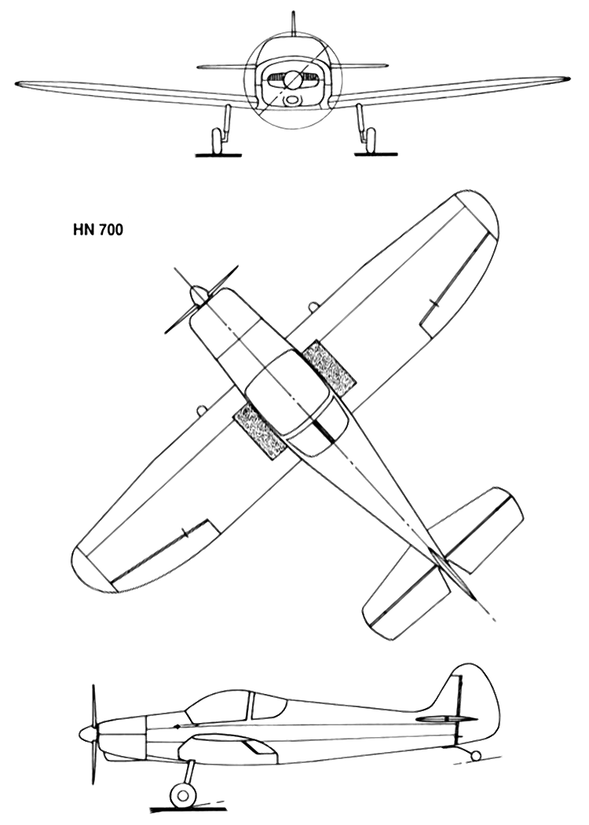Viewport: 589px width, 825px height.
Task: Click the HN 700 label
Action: coord(97,231)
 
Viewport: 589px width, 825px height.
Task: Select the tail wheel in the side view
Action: coord(475,757)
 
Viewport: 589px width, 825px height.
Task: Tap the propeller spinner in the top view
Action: coord(199,296)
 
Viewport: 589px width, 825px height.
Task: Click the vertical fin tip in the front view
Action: coord(294,13)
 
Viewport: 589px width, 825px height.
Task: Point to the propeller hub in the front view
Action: coord(293,80)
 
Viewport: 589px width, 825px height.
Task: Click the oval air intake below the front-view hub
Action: coord(292,100)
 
